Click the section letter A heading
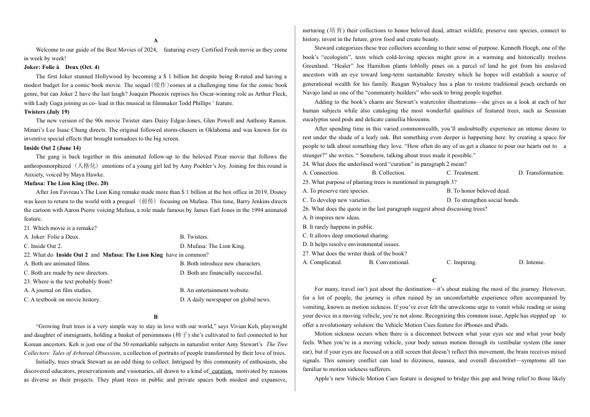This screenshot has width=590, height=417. coord(155,40)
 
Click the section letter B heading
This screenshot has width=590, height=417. coord(156,317)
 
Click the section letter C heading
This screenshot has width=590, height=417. coord(434,280)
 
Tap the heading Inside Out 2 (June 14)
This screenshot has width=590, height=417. coord(52,148)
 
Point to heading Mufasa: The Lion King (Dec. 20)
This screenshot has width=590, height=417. coord(66,183)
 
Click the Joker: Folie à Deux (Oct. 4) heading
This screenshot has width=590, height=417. coord(61,66)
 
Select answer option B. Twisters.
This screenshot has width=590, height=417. coord(194,237)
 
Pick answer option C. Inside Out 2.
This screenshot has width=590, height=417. coord(42,246)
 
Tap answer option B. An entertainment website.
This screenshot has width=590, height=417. coord(214,290)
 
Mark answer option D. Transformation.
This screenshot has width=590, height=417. coord(541,173)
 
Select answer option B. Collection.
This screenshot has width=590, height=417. coord(388,173)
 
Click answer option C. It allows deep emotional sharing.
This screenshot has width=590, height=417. coord(346,236)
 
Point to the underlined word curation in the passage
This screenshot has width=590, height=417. coord(222,370)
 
